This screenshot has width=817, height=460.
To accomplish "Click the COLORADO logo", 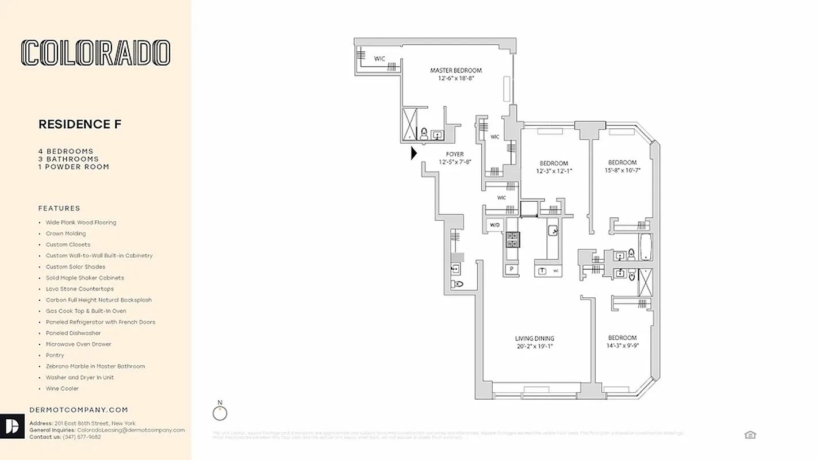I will click(x=95, y=52).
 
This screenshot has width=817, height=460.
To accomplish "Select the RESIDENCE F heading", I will click(x=80, y=124).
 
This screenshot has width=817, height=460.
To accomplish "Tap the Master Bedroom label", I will click(x=456, y=74).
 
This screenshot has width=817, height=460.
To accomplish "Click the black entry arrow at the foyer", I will click(x=414, y=154).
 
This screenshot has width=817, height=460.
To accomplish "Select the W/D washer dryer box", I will click(x=494, y=225).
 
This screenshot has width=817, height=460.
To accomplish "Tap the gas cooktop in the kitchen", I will click(x=512, y=239).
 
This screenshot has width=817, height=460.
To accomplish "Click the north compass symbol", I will click(x=220, y=413).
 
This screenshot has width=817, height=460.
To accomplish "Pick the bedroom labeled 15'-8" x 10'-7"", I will click(x=622, y=166).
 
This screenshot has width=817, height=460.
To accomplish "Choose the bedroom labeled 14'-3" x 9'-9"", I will click(x=622, y=342).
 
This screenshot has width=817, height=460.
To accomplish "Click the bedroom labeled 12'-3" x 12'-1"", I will click(x=554, y=167).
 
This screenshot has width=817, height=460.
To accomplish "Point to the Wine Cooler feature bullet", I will click(x=62, y=389).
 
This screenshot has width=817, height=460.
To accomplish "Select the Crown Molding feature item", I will click(x=66, y=233).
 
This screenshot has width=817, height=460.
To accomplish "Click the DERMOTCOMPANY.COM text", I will click(x=78, y=410).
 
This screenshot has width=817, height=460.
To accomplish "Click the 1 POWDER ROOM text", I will click(x=74, y=167).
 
